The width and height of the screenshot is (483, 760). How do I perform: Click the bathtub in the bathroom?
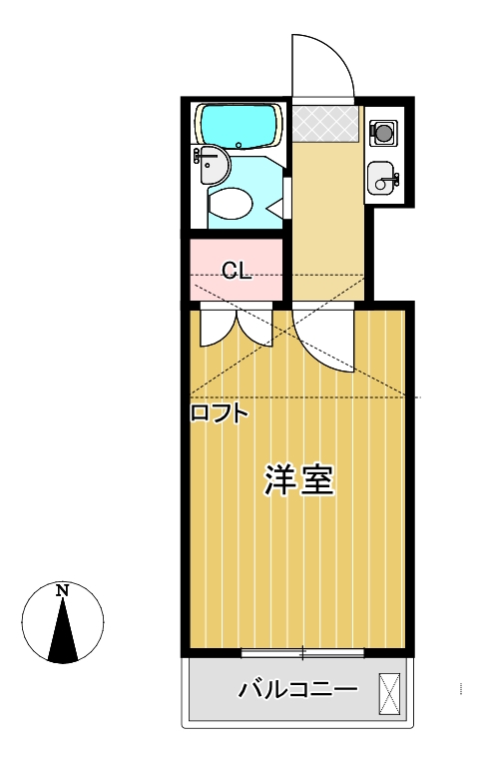(x=240, y=125)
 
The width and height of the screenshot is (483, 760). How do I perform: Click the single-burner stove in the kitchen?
(x=384, y=130)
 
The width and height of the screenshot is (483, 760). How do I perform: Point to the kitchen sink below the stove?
(x=382, y=180)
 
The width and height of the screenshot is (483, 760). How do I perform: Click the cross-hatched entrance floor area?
(x=325, y=122)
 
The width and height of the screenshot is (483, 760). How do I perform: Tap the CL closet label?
(x=236, y=271)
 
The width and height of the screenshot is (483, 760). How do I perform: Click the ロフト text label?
(x=218, y=413)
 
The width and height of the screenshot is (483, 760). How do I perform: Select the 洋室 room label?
(x=297, y=480)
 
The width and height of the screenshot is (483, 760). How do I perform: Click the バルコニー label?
(x=297, y=689)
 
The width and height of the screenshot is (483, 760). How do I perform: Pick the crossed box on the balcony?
(x=389, y=691)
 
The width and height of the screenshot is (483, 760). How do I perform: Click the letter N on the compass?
(x=63, y=590)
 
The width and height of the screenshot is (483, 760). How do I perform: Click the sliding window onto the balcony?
(x=302, y=653)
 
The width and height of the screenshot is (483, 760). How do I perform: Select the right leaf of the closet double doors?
(x=252, y=330)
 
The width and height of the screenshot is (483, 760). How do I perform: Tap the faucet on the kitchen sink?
(x=394, y=180)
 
